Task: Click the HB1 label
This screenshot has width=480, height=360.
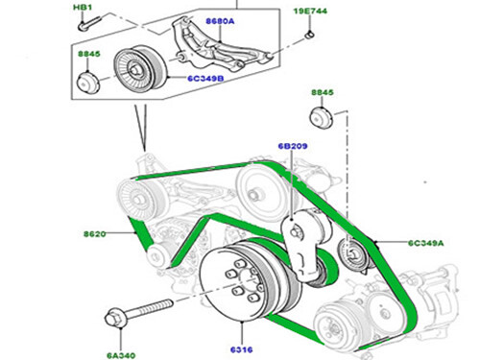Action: point(83,7)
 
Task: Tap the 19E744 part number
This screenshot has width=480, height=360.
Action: point(310,12)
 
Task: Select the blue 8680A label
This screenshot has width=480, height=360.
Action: point(220,21)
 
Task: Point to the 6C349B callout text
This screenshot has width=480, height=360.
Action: point(205,78)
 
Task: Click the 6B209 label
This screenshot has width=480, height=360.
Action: point(293,146)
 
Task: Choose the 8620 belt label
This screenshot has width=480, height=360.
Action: point(95,234)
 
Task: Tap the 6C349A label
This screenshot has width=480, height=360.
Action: point(426,243)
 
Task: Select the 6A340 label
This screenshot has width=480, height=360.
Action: point(121,355)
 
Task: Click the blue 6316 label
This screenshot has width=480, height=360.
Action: point(242,349)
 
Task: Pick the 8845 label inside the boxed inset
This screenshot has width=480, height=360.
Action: point(89,54)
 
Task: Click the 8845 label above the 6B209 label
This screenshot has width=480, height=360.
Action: point(323,92)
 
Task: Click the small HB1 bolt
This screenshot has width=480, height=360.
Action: point(89,23)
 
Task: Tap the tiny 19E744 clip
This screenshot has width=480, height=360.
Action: point(309,34)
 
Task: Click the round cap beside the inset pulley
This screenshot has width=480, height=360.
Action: point(88,83)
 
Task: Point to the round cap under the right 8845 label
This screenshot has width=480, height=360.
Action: point(322,118)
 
